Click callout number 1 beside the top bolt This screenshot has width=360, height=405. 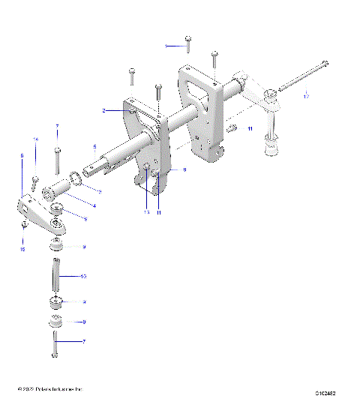click(166, 46)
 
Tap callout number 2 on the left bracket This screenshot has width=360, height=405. click(106, 110)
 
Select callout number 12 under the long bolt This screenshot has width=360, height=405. click(305, 97)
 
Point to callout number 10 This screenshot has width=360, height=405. click(83, 277)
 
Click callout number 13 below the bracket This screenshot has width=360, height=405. click(147, 213)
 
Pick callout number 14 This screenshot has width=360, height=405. click(34, 140)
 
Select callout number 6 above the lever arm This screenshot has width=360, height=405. click(22, 155)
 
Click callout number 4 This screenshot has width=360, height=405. click(94, 205)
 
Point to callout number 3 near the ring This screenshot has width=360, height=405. click(100, 192)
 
